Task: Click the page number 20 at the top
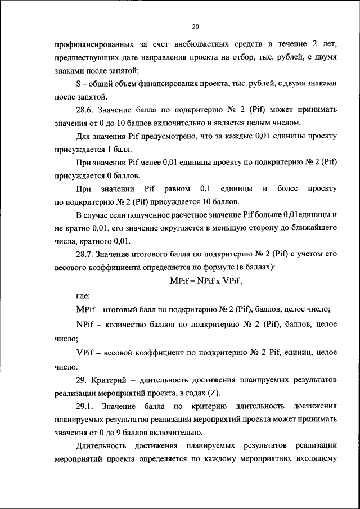(x=196, y=26)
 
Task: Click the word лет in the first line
(x=331, y=43)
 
